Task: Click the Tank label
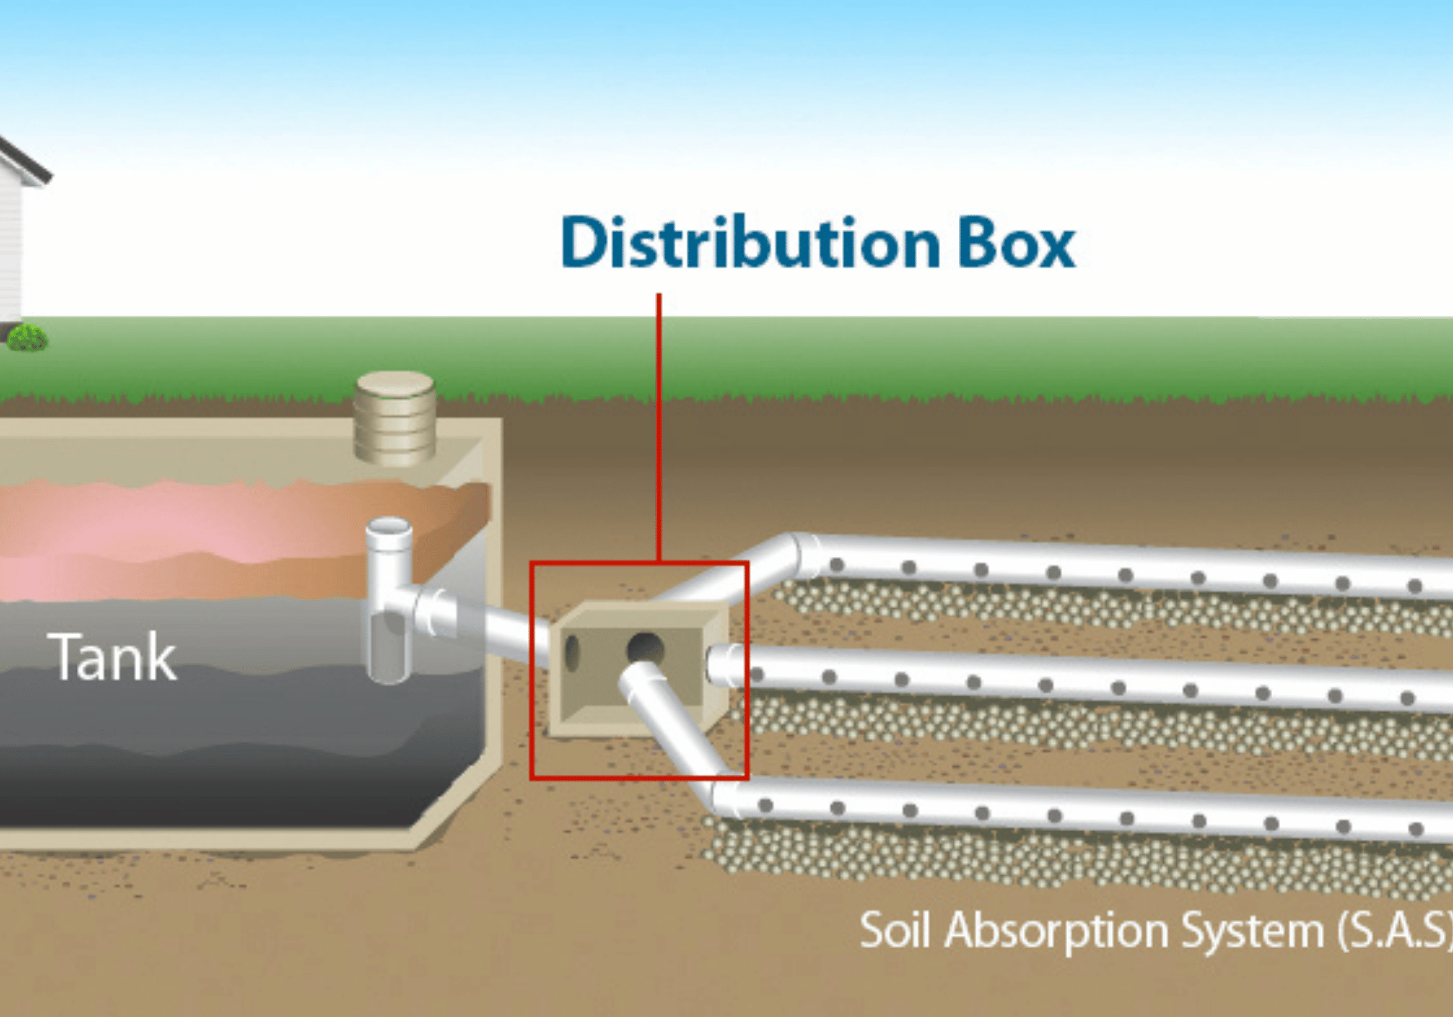coord(113,657)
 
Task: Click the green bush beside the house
coord(27,337)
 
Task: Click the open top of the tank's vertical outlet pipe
coord(389,527)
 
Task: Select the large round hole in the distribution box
coord(645,647)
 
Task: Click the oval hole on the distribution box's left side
coord(572,652)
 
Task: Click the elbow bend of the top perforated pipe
coord(796,556)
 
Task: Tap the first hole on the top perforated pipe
coord(836,565)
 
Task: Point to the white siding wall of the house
coord(10,247)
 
